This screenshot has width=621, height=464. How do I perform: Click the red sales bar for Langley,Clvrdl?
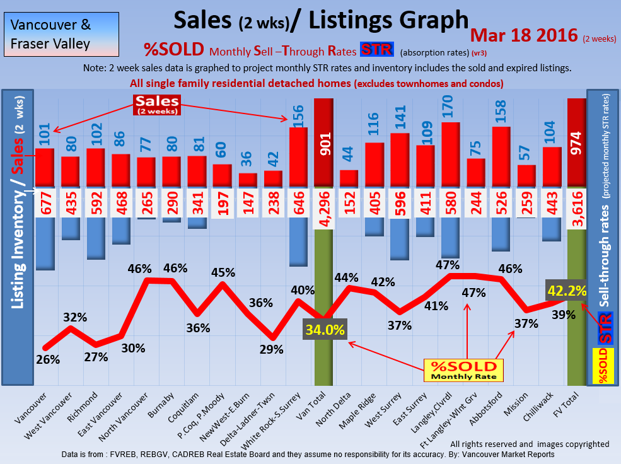[x=450, y=154]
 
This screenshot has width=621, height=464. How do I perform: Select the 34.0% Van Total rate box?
[x=325, y=330]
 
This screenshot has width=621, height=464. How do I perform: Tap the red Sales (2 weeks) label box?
[x=156, y=105]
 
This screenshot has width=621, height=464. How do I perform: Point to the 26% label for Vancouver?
[x=48, y=359]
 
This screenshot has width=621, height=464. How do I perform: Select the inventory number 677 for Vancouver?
[x=44, y=202]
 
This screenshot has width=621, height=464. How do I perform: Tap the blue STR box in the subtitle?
[x=376, y=49]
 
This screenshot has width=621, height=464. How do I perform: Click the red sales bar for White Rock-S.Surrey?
[x=299, y=157]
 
